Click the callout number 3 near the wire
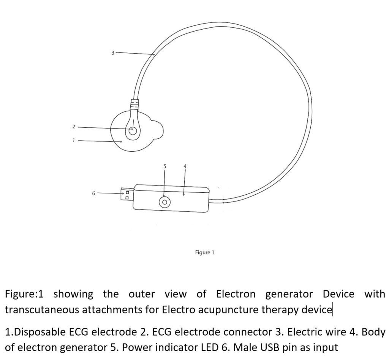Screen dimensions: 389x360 [x=113, y=53]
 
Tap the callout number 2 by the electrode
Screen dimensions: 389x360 [x=73, y=127]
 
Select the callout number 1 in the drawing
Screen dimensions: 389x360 [x=73, y=140]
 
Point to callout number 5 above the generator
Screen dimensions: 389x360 [x=165, y=166]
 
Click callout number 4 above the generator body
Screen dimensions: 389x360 [x=185, y=166]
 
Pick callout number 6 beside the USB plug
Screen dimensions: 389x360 [x=93, y=193]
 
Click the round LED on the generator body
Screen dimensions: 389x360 [x=164, y=202]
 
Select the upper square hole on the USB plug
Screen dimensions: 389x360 [x=127, y=192]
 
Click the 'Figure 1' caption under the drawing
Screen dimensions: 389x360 [x=204, y=252]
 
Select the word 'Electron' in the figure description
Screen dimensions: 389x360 [x=236, y=294]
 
